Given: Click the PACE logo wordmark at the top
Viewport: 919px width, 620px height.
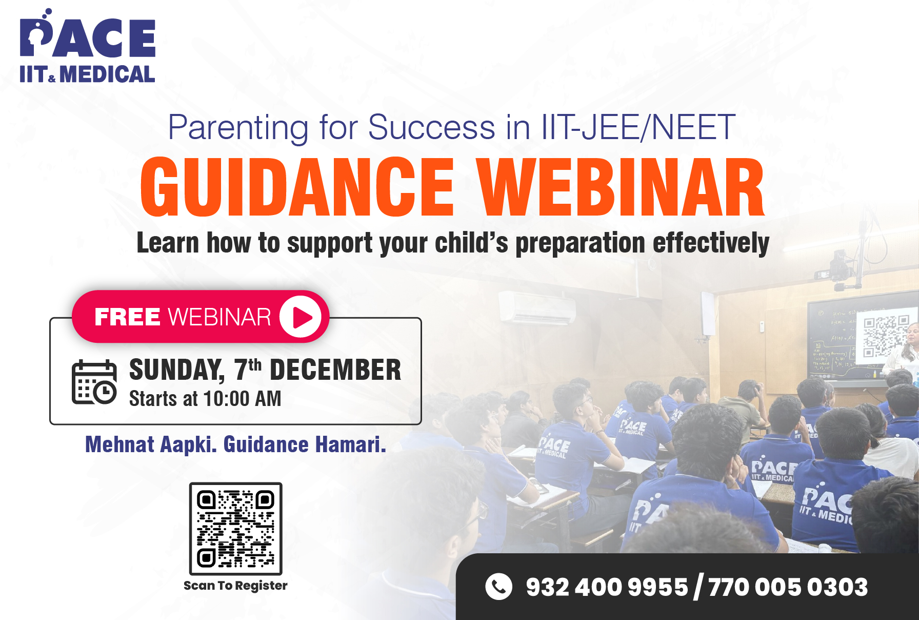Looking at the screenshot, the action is coord(87,34).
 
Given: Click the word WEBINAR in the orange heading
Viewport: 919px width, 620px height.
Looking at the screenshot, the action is coord(621,187).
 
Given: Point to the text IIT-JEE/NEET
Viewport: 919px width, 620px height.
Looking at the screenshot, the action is coord(638,127).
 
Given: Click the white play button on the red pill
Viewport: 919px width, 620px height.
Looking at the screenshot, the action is coord(301,317).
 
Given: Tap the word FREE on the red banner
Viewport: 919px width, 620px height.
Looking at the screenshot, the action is coord(128,317).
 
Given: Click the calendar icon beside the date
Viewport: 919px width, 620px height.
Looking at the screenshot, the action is coord(94,382).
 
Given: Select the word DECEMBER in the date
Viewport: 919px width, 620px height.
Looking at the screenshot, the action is coord(335,370).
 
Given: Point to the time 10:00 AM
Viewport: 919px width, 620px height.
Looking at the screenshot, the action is coord(242,399).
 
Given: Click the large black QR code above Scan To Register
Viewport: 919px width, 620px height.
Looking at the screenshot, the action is coord(236,529).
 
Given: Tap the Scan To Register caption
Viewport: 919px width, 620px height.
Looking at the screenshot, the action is coord(235,586).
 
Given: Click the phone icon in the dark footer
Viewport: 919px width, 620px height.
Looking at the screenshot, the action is coord(498,587).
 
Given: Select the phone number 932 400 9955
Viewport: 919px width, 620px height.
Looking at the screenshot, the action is coord(607,587).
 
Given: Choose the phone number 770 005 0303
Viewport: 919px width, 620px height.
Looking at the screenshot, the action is coord(788,587).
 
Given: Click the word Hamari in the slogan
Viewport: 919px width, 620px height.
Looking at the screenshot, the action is coord(350,444).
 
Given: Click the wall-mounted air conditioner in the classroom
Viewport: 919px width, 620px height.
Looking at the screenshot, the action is coord(537,307).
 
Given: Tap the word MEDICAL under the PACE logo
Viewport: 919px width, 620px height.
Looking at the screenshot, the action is coord(107,74).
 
